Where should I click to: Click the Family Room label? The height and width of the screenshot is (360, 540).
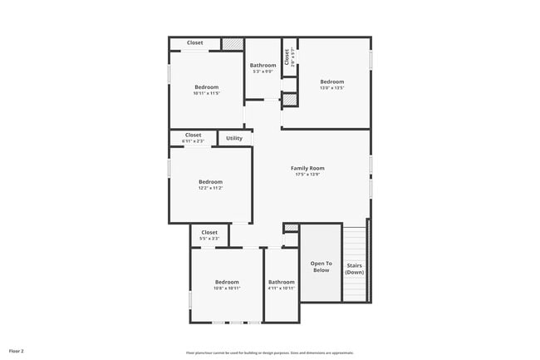click(x=307, y=168)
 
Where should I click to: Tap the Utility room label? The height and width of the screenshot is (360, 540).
click(x=234, y=138)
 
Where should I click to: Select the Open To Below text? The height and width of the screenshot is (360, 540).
click(x=321, y=267)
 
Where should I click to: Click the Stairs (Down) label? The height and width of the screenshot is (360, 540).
click(x=355, y=269)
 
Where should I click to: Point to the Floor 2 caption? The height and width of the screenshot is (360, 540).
click(x=17, y=352)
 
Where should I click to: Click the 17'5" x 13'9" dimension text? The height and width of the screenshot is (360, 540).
click(x=307, y=175)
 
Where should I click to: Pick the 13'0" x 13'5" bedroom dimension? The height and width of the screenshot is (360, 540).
click(x=332, y=87)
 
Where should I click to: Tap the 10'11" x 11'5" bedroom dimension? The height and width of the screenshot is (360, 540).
click(x=207, y=93)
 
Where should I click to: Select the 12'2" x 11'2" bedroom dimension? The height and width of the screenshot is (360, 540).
click(x=210, y=188)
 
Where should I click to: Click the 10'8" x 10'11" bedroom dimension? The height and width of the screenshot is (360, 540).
click(x=227, y=288)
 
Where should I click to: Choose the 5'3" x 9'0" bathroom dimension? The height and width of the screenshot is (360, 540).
click(x=263, y=72)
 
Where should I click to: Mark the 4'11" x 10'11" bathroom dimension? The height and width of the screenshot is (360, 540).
click(x=282, y=288)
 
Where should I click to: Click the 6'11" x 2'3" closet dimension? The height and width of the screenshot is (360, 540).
click(x=193, y=141)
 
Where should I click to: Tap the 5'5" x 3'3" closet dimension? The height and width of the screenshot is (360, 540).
click(x=209, y=239)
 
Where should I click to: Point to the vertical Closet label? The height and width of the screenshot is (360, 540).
click(x=287, y=57)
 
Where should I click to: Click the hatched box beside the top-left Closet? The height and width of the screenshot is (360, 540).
click(x=233, y=43)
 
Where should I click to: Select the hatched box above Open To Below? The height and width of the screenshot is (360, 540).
click(x=291, y=228)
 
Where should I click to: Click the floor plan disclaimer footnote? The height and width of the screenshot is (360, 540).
click(x=269, y=353)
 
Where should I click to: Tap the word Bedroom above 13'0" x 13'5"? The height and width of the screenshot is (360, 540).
click(x=332, y=81)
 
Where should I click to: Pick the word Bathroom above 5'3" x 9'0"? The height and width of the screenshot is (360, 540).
click(x=263, y=65)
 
